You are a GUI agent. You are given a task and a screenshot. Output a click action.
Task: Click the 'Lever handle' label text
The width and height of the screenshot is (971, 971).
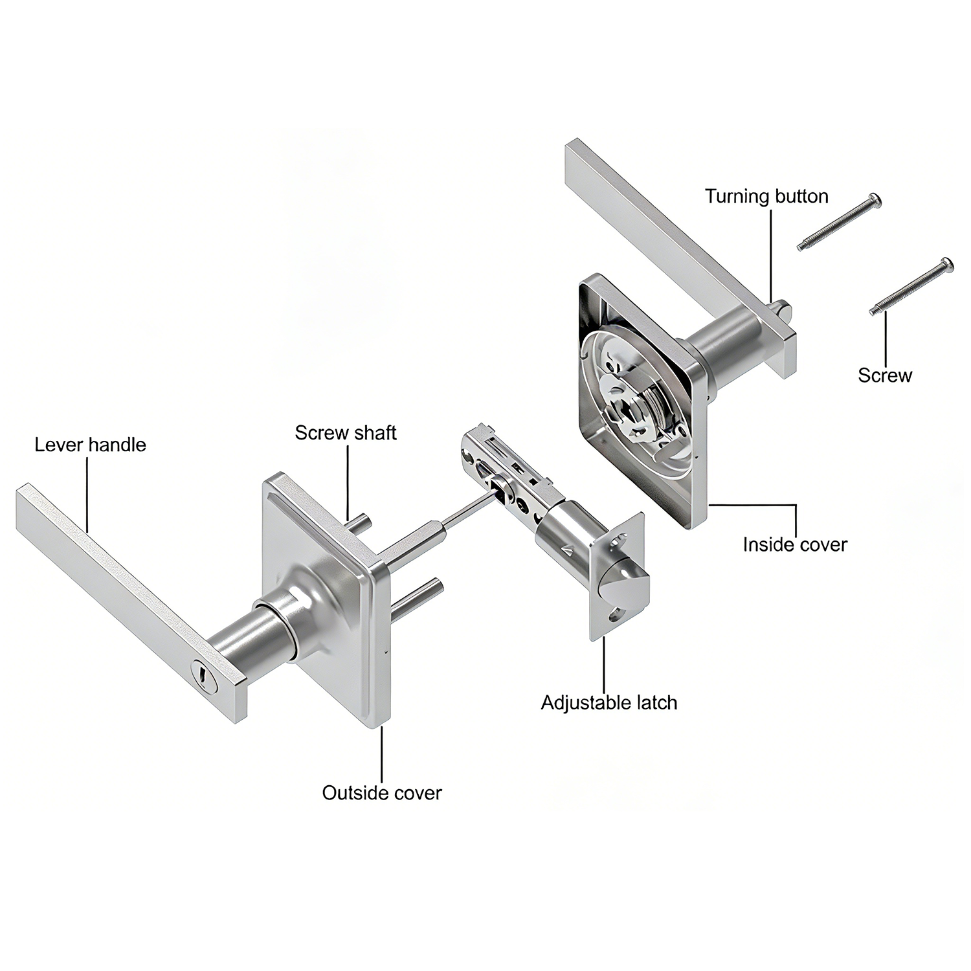pos(91,445)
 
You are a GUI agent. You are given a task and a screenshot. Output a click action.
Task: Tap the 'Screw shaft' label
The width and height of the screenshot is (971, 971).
pos(346,432)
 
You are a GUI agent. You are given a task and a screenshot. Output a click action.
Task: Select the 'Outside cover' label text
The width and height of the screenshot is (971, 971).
pos(382,793)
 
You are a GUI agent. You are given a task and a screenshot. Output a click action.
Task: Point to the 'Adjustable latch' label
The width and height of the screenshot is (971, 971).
pos(609,703)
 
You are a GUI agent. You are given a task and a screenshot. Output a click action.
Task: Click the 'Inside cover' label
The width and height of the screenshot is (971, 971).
pos(795,544)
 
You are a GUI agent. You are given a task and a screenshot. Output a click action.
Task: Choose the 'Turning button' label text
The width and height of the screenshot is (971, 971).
pos(767,196)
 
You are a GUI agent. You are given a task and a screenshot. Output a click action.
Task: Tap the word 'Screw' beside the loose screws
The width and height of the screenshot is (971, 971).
pos(885,375)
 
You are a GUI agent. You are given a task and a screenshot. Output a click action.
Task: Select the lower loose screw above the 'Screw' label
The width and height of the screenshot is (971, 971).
pos(912,286)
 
